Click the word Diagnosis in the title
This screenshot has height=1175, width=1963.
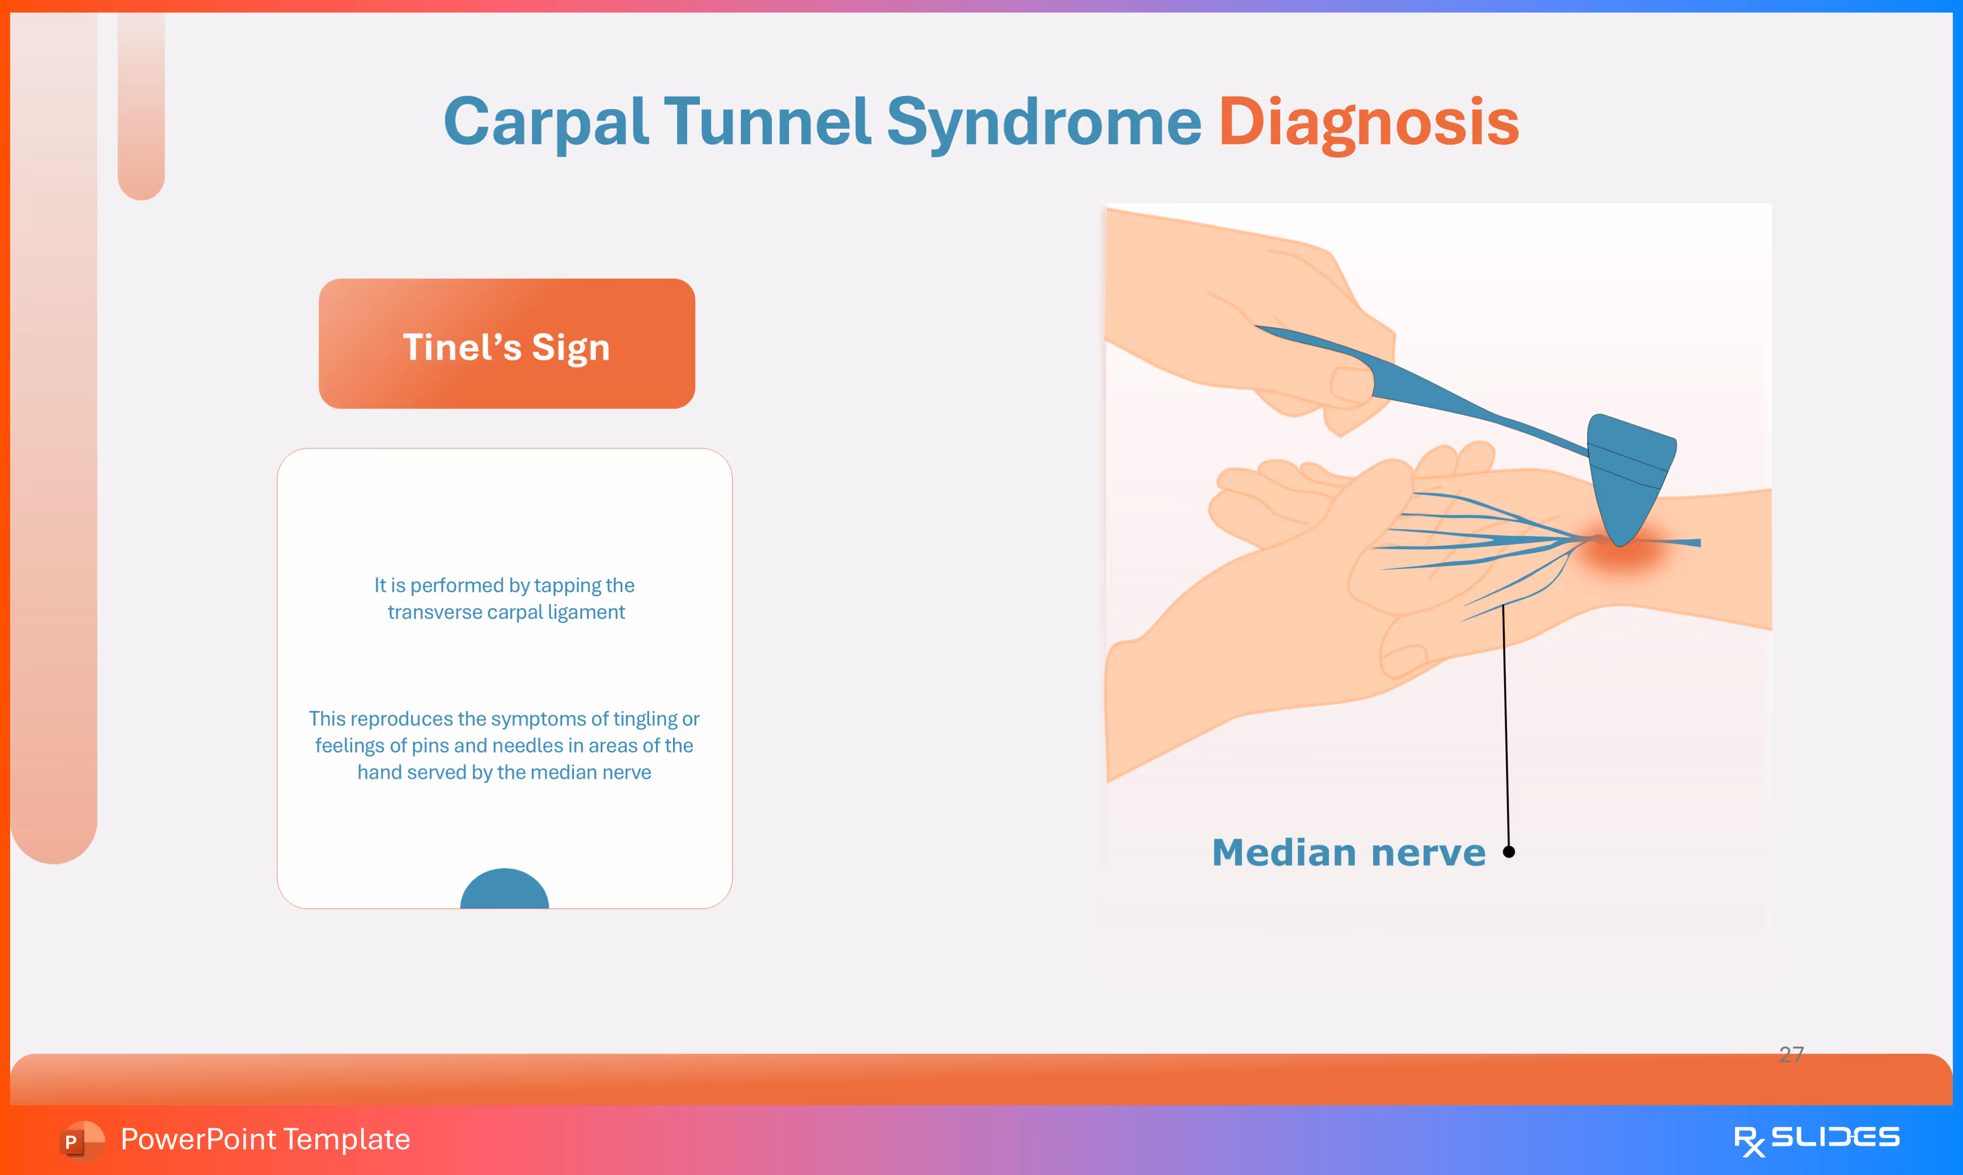tap(1368, 123)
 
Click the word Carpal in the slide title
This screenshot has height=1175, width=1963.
tap(546, 123)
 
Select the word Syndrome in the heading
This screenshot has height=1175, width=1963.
tap(1043, 123)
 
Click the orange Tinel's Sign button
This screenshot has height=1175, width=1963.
tap(507, 344)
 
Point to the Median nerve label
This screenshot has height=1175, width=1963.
tap(1348, 853)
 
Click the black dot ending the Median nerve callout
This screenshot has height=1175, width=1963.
tap(1509, 852)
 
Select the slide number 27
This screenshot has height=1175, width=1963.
tap(1791, 1054)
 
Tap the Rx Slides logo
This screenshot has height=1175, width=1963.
tap(1816, 1139)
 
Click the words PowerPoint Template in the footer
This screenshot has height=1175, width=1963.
tap(265, 1139)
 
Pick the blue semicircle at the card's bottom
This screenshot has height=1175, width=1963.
tap(504, 890)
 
